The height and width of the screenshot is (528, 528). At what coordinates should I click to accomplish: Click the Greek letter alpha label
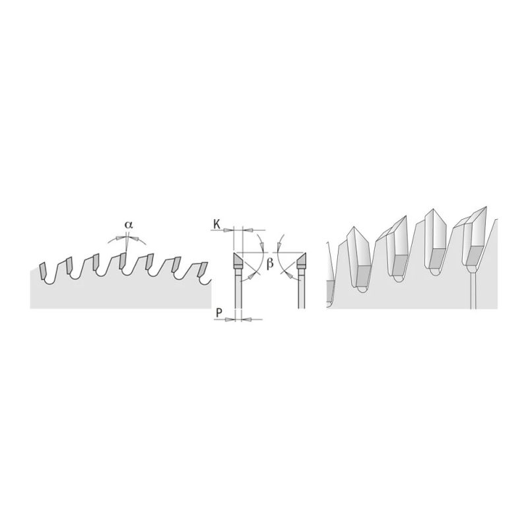129,224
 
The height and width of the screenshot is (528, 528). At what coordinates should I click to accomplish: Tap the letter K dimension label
217,224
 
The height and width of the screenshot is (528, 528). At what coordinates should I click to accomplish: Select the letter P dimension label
219,313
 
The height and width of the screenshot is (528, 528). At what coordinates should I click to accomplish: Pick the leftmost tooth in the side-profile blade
43,271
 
